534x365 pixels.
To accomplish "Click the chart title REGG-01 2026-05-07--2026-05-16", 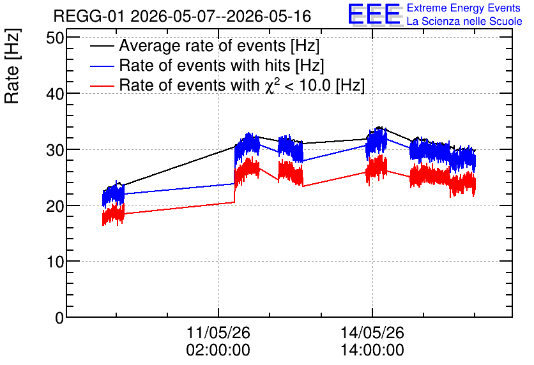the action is click(x=182, y=16).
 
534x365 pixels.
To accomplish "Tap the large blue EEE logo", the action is click(x=374, y=14).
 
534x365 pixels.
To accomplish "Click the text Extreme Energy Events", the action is click(x=464, y=8).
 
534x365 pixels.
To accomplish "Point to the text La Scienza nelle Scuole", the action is click(x=464, y=21).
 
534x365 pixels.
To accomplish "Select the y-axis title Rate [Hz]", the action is click(x=12, y=66).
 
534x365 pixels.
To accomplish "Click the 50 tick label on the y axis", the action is click(x=55, y=38).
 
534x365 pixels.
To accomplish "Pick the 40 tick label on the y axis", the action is click(x=55, y=94).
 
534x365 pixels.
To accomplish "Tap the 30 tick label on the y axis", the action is click(x=55, y=150).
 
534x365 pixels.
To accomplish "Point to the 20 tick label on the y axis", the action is click(x=55, y=206).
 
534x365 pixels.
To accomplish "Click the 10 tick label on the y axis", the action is click(x=55, y=262).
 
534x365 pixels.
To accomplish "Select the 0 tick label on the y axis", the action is click(x=59, y=318).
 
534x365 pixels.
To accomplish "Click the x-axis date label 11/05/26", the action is click(x=218, y=332).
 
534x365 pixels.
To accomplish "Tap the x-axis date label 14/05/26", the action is click(x=372, y=332).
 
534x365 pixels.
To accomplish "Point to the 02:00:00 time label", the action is click(x=218, y=350).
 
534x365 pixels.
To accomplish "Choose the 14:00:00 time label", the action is click(x=372, y=350).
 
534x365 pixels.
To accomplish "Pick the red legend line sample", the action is click(x=102, y=86).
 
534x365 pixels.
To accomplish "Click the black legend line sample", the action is click(x=102, y=46).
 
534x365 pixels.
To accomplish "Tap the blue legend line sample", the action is click(x=102, y=66).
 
